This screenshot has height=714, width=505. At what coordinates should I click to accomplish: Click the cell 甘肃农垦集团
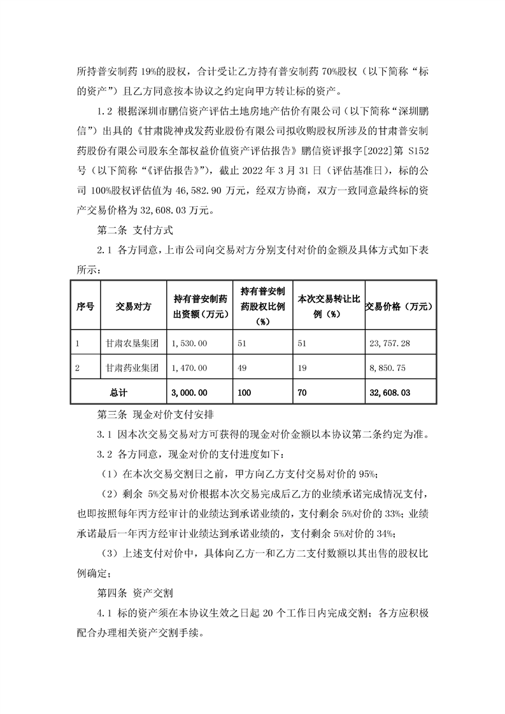[x=132, y=344]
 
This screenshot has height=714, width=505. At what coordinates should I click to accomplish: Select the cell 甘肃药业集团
[x=132, y=368]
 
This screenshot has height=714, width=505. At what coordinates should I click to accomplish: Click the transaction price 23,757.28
[x=390, y=344]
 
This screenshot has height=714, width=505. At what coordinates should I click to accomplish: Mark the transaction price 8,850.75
[x=387, y=368]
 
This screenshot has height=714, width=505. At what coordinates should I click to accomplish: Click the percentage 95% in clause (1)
[x=369, y=475]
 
